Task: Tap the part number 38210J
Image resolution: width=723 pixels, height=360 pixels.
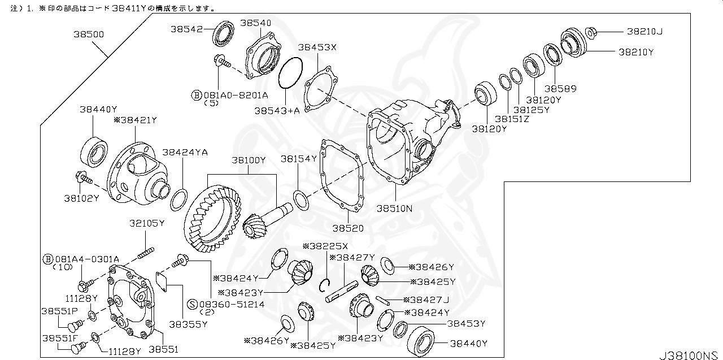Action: pos(644,32)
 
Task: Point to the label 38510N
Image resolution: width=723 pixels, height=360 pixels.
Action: pos(394,208)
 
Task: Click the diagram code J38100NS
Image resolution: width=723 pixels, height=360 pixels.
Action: pos(690,355)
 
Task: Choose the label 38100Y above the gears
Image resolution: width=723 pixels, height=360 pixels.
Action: pos(248,161)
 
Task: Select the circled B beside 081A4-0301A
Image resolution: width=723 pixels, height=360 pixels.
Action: pos(48,259)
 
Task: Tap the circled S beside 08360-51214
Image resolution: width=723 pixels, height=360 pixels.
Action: pos(193,304)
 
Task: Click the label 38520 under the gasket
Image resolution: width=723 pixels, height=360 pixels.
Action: pos(347,228)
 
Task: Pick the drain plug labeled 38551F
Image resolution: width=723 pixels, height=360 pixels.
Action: pos(79,346)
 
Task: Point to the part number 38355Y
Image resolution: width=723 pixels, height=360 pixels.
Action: pos(188,324)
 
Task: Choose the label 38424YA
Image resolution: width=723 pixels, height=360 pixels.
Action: pos(185,153)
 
